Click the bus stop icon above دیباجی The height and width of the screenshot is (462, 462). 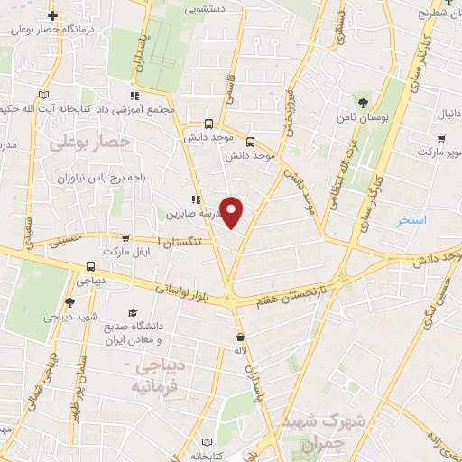click(x=89, y=267)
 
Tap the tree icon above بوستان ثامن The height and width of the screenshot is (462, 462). click(x=365, y=102)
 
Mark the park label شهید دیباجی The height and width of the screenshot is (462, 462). click(x=69, y=318)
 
